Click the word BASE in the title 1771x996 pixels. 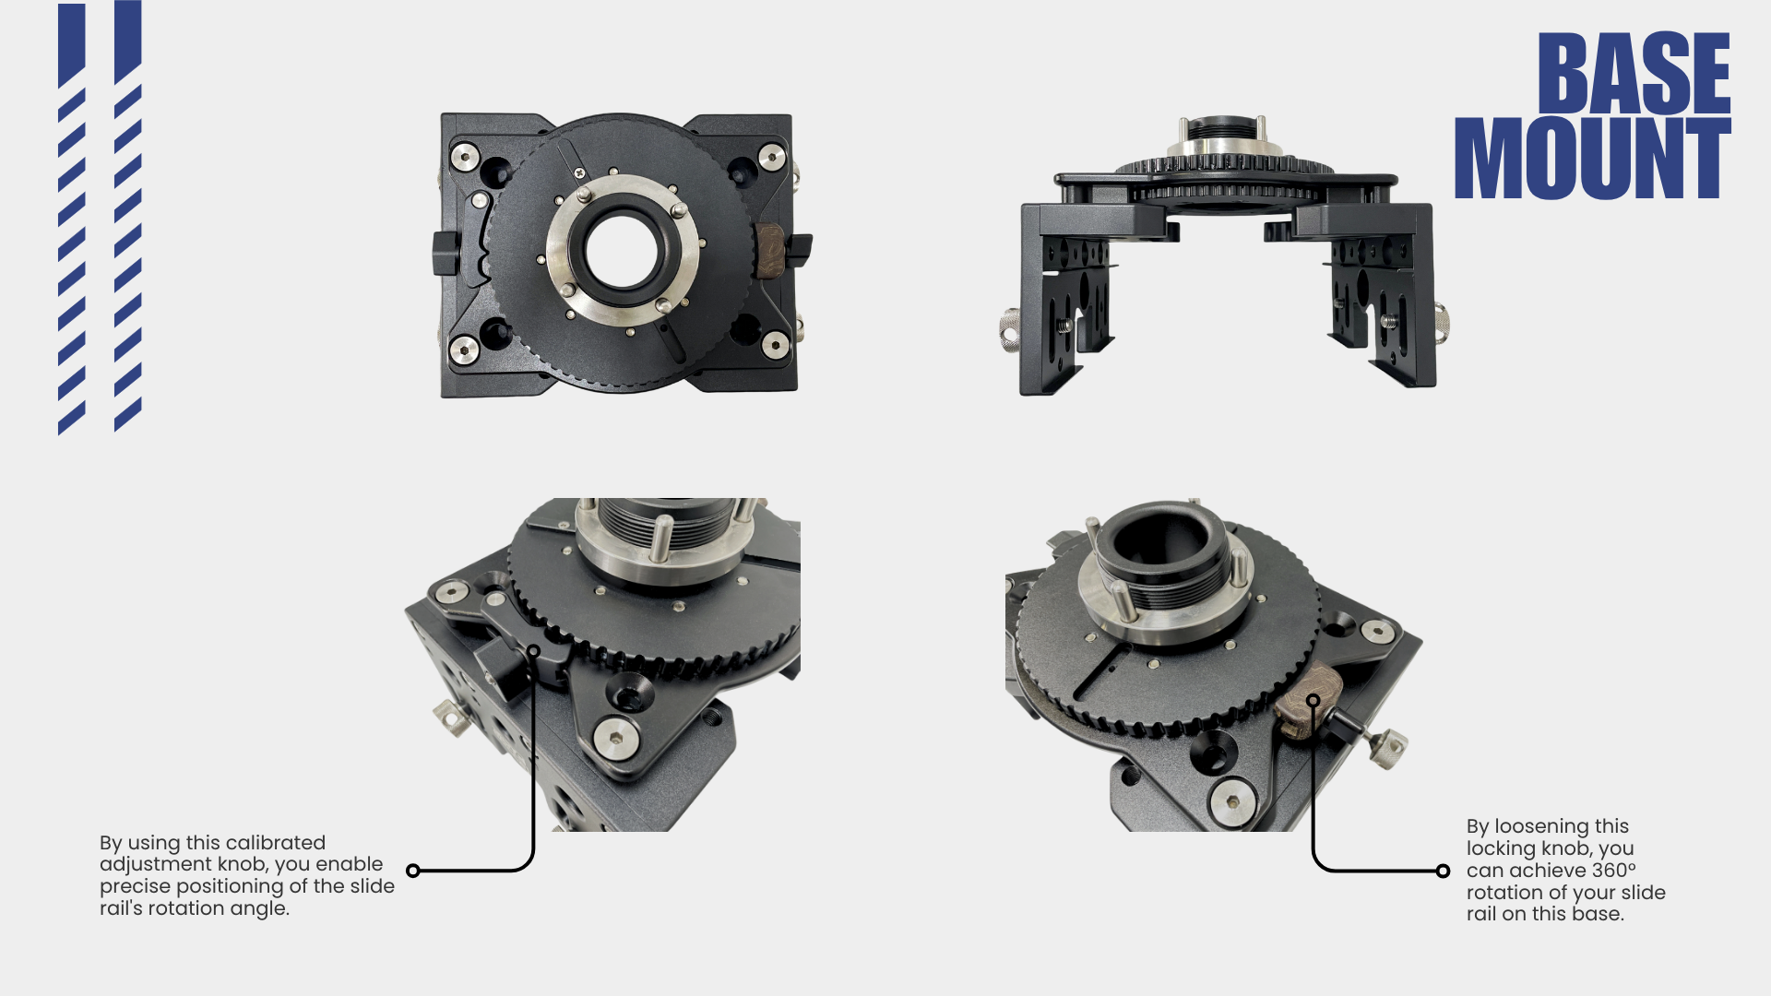pyautogui.click(x=1634, y=74)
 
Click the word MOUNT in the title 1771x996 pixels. pyautogui.click(x=1592, y=158)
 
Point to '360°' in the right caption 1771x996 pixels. pyautogui.click(x=1613, y=870)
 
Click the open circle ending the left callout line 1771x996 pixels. pyautogui.click(x=413, y=871)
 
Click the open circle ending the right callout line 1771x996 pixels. pyautogui.click(x=1443, y=871)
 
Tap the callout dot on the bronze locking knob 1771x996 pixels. pyautogui.click(x=1313, y=701)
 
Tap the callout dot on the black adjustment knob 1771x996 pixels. pyautogui.click(x=534, y=652)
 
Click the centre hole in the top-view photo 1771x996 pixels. pyautogui.click(x=620, y=252)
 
